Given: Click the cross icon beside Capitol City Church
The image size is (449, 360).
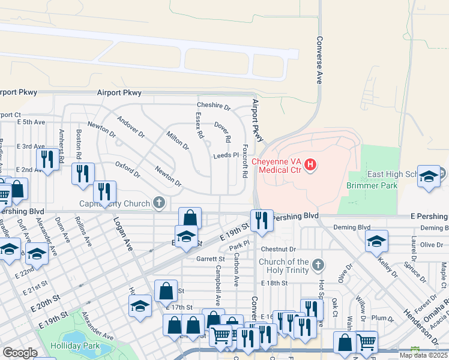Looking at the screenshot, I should [159, 203].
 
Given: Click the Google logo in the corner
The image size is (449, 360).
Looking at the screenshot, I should [20, 353].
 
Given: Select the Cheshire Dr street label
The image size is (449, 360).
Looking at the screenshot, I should [214, 106].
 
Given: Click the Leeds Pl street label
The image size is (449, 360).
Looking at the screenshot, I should [226, 155].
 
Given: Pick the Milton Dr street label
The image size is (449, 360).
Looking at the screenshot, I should [178, 141].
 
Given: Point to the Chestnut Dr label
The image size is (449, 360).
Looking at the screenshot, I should [279, 249].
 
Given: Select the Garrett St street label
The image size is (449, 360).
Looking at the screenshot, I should [210, 259].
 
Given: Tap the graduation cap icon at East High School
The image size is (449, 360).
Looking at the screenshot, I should [429, 176].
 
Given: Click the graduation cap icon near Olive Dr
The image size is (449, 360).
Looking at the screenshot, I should [376, 241].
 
